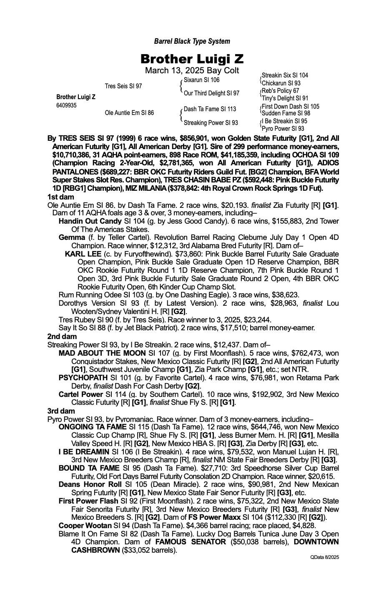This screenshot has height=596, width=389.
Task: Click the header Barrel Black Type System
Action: point(192,41)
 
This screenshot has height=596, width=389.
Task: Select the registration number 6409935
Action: point(66,105)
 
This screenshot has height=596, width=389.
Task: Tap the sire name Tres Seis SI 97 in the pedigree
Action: point(123,86)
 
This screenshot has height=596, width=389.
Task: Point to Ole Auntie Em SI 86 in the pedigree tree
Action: point(129,112)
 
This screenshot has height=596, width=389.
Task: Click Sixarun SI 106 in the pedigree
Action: point(201,80)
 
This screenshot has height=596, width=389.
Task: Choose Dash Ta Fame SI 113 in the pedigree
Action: point(210,109)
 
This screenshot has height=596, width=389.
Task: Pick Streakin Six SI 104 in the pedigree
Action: point(285,75)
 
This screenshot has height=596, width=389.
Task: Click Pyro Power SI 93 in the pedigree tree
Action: point(283,129)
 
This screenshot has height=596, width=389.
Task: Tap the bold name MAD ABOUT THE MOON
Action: point(97,353)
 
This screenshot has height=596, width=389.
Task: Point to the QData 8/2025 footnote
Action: point(324,557)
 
